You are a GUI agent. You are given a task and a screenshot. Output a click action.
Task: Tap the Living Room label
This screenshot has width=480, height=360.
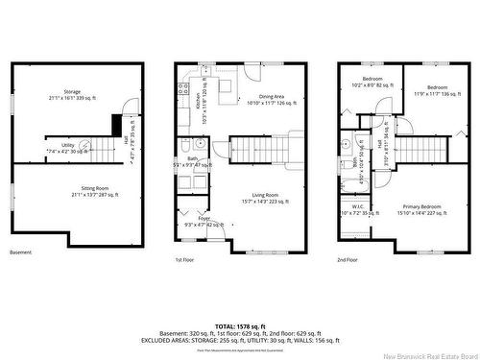point(265,197)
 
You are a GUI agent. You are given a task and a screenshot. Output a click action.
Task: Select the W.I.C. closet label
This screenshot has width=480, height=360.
point(358,208)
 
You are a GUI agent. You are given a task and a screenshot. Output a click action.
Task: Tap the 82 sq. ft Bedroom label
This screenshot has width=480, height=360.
point(372,82)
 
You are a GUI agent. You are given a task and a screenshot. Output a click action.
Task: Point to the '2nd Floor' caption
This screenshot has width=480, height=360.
point(348,260)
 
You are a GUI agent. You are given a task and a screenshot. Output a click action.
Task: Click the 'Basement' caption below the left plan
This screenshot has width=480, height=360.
point(21,252)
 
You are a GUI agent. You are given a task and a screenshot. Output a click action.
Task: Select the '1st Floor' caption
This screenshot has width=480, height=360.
point(185,260)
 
